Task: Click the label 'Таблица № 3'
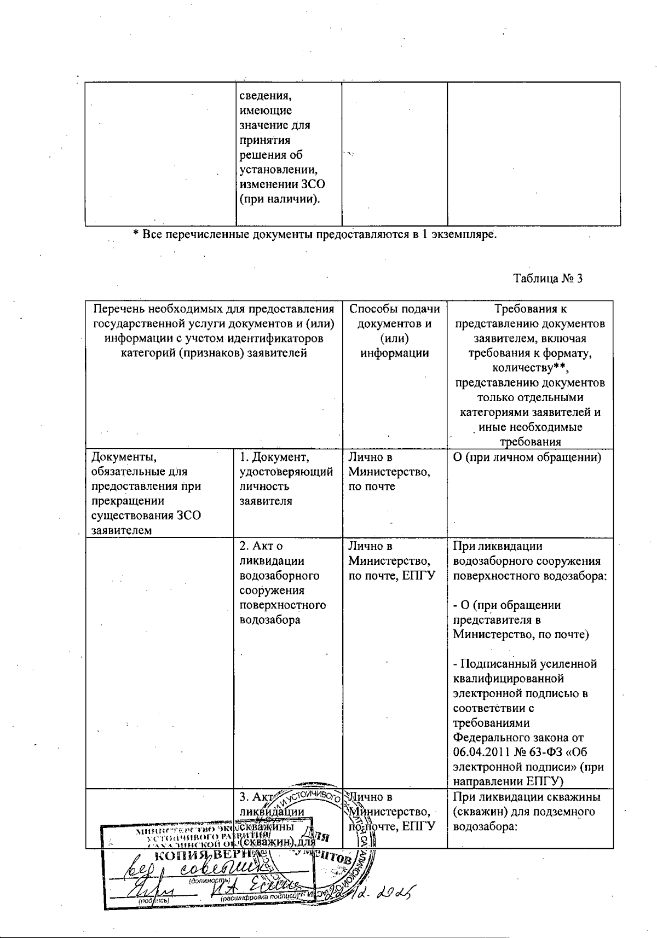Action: point(547,279)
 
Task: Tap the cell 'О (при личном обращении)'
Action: point(527,458)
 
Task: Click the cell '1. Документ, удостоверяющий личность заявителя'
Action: point(286,479)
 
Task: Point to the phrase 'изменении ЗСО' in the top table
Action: point(282,184)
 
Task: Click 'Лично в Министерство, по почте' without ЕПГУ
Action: point(389,472)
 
